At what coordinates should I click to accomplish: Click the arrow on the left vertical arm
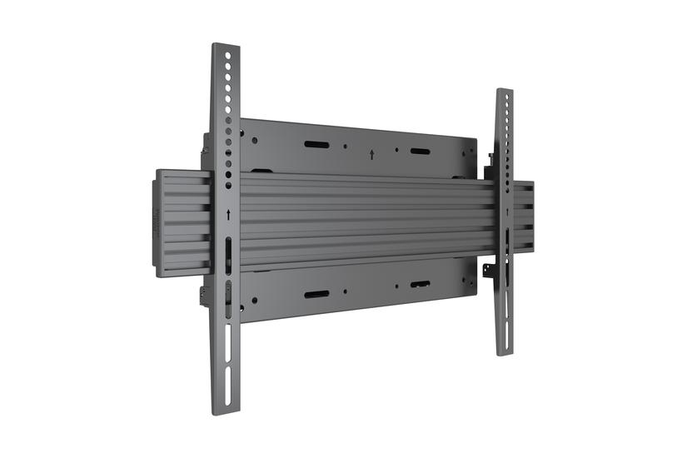[x=228, y=215]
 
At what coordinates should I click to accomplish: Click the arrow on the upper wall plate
[x=371, y=154]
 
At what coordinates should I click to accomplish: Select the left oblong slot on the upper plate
[x=316, y=145]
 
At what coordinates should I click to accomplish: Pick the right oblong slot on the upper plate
[x=420, y=152]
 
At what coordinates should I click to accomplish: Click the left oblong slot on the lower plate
[x=316, y=295]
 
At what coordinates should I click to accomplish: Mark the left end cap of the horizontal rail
[x=162, y=218]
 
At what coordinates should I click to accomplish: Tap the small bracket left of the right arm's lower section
[x=490, y=271]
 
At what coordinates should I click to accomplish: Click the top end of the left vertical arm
[x=225, y=46]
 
